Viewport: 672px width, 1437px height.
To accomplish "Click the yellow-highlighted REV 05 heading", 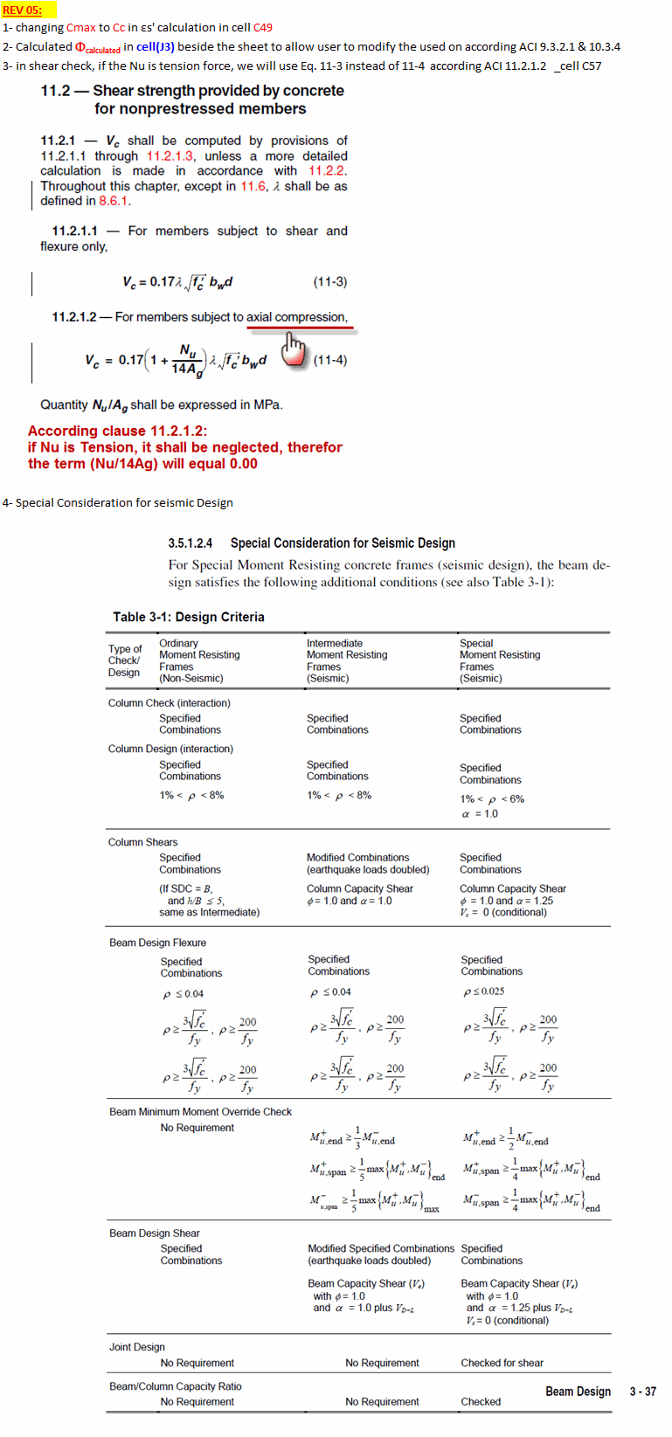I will click(x=22, y=10).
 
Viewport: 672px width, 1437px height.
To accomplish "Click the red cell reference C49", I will click(x=262, y=28).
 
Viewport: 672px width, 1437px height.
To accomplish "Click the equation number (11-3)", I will click(x=330, y=282).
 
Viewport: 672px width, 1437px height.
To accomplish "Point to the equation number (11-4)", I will click(x=330, y=360).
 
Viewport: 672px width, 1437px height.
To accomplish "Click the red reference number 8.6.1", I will click(x=114, y=201).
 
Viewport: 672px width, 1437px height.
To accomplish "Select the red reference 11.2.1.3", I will click(x=170, y=156).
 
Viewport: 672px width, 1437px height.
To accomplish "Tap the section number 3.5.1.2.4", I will click(x=190, y=543).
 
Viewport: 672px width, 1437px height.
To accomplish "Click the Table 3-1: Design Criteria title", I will click(x=188, y=617).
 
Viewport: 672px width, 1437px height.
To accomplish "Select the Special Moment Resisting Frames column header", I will click(x=500, y=660).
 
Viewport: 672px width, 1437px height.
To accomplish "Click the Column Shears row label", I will click(x=142, y=842).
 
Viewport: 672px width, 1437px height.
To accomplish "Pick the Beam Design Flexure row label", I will click(x=157, y=943).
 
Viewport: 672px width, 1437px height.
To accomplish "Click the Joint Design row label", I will click(x=136, y=1347).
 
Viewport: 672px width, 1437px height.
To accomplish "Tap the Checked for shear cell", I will click(x=502, y=1363).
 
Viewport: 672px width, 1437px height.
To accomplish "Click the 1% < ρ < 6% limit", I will click(x=492, y=799).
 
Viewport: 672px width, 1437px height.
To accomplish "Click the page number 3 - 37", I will click(x=642, y=1392).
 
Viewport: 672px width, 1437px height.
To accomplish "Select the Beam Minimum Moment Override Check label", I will click(x=200, y=1112).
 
